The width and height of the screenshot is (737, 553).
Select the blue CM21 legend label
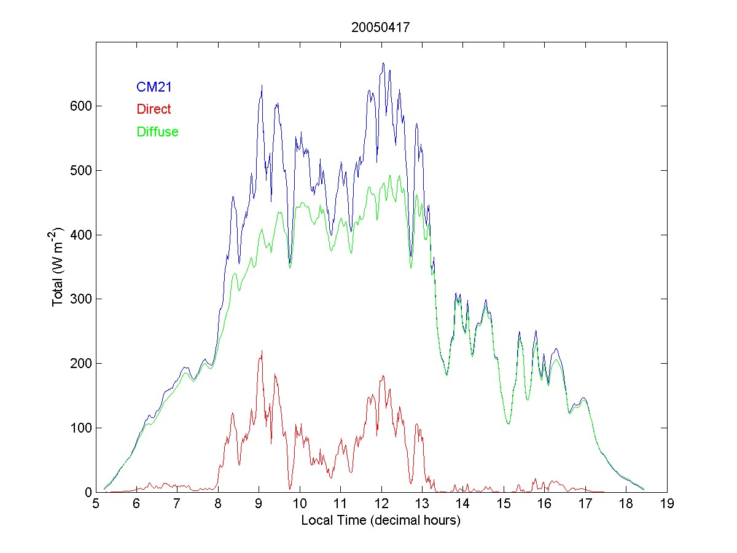coord(154,87)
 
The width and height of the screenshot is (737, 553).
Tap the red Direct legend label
coord(154,109)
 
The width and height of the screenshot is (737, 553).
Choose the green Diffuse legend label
coord(157,131)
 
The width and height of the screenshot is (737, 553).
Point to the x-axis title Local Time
coord(381,520)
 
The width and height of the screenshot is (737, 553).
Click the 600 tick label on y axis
coord(79,106)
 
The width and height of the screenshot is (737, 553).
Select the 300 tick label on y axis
coord(79,299)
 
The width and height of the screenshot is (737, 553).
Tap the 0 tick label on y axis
coord(86,492)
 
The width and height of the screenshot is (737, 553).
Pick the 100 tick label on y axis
coord(79,428)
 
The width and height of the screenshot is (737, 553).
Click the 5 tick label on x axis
coord(96,504)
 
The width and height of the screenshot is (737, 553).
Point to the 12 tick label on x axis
coord(381,504)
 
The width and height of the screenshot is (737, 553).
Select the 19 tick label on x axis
coord(667,504)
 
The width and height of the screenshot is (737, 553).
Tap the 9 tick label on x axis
coord(259,504)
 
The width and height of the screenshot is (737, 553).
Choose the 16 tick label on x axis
coord(545,504)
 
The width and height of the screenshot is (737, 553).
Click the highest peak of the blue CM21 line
coord(383,63)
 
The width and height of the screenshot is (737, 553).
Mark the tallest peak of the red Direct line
coord(262,351)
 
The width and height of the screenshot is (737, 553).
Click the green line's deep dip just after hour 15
coord(508,423)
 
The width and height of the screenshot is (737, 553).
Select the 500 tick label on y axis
coord(79,170)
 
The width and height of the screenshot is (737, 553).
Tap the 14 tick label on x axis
coord(463,504)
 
